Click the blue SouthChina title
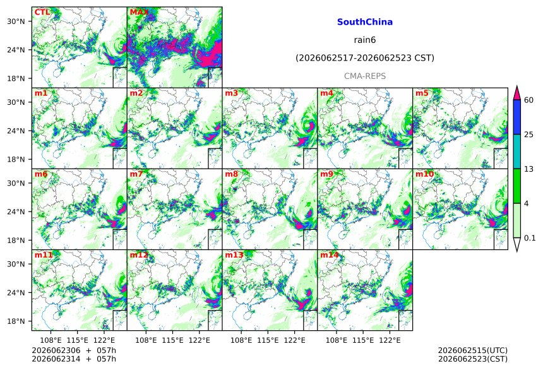pyautogui.click(x=365, y=22)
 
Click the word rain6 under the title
pyautogui.click(x=365, y=40)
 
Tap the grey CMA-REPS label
pyautogui.click(x=365, y=76)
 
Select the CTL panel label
pyautogui.click(x=42, y=13)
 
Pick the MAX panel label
pyautogui.click(x=138, y=13)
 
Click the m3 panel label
pyautogui.click(x=231, y=93)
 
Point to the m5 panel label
pyautogui.click(x=422, y=93)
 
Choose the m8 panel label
pyautogui.click(x=231, y=174)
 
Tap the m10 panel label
pyautogui.click(x=424, y=174)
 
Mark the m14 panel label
pyautogui.click(x=329, y=255)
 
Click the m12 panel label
pyautogui.click(x=138, y=255)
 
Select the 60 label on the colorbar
pyautogui.click(x=528, y=100)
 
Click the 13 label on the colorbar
pyautogui.click(x=528, y=169)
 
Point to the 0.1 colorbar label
pyautogui.click(x=530, y=238)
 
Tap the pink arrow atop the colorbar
pyautogui.click(x=517, y=93)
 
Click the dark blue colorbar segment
pyautogui.click(x=517, y=117)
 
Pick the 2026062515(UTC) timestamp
pyautogui.click(x=473, y=350)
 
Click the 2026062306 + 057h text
pyautogui.click(x=74, y=350)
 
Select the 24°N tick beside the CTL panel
pyautogui.click(x=16, y=50)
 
